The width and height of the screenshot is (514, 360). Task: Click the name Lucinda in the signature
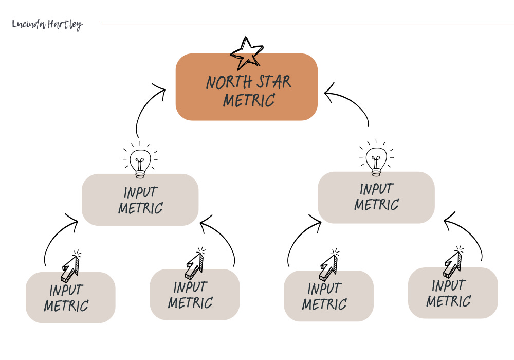coord(29,24)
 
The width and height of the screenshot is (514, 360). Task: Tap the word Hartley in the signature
coord(65,25)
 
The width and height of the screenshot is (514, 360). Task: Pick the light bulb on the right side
coord(376,156)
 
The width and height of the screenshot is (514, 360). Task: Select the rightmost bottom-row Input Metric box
coord(453,293)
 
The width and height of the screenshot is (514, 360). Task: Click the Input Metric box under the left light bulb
coord(140,200)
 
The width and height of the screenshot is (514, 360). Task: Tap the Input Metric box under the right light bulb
coord(376,197)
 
